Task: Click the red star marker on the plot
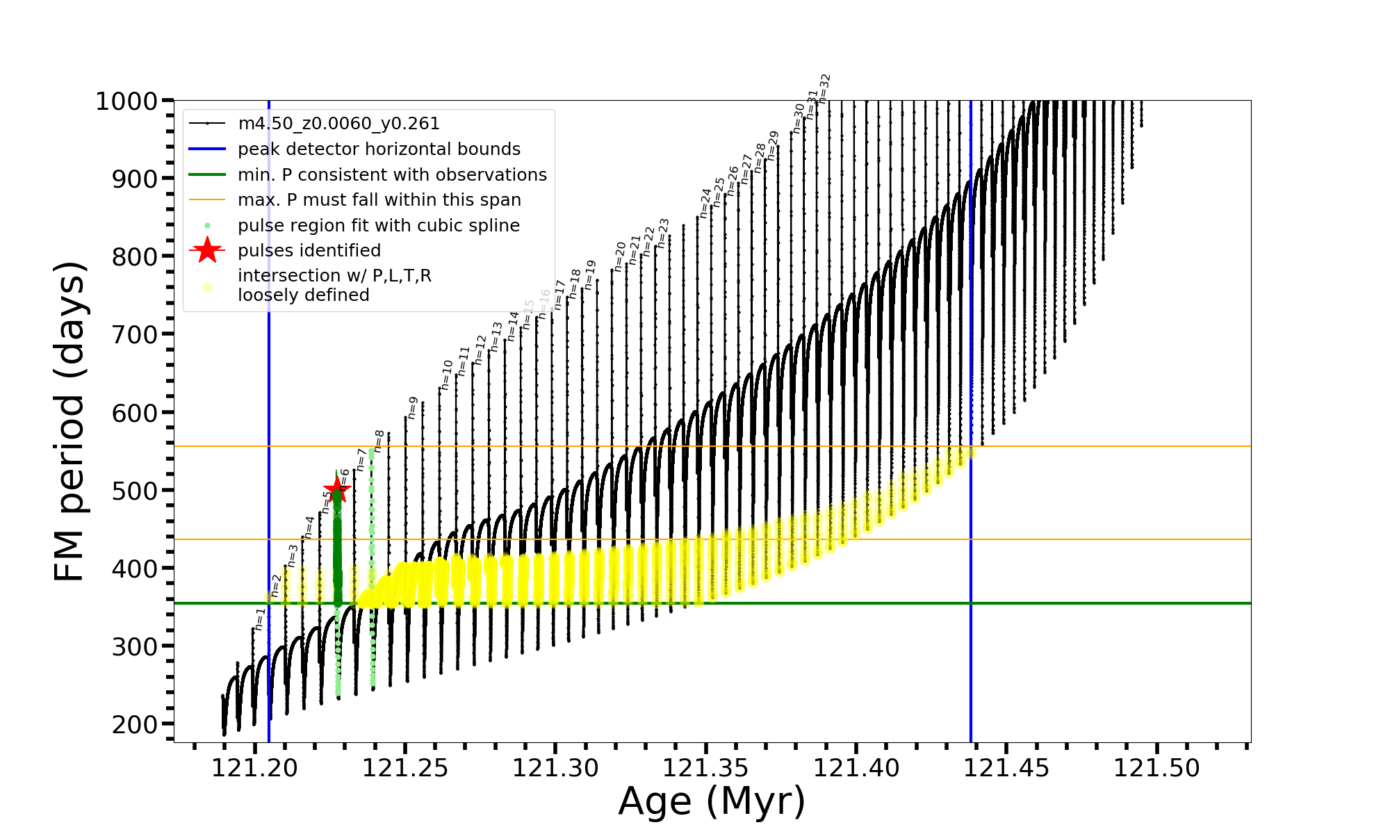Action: [337, 489]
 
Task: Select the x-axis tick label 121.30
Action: [555, 768]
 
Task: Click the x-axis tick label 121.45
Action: [1006, 768]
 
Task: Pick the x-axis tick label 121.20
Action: [254, 768]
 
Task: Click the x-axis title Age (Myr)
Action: [712, 801]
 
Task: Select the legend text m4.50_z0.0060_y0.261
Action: [338, 124]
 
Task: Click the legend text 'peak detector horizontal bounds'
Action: [379, 149]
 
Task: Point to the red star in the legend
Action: [207, 250]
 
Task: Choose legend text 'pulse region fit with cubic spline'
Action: [379, 226]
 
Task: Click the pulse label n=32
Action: [824, 88]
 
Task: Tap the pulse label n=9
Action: [413, 408]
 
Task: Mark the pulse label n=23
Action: [663, 233]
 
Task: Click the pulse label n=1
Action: [259, 619]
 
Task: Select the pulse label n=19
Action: [590, 275]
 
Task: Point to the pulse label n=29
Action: [773, 145]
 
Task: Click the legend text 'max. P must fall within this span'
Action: [379, 200]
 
